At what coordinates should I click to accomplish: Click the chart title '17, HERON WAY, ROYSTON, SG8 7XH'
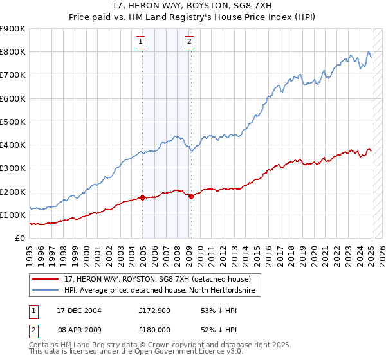coord(192,7)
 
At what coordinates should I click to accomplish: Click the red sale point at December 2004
coord(142,197)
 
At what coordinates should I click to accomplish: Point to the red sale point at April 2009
coord(191,196)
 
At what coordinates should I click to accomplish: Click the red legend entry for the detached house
coord(161,279)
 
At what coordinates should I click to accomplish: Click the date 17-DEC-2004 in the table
coord(79,310)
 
